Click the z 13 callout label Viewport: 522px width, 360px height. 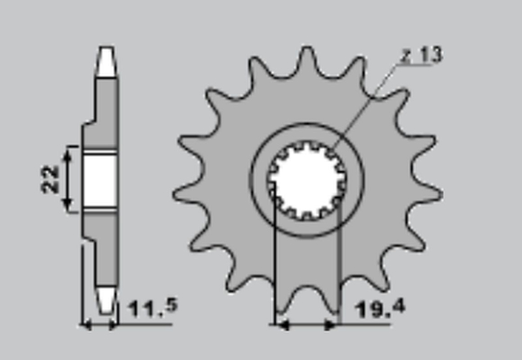[421, 55]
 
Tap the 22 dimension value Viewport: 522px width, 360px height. [50, 179]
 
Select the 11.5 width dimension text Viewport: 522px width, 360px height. [153, 307]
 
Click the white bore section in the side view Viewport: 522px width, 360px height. [100, 180]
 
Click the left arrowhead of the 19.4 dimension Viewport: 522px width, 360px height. [282, 322]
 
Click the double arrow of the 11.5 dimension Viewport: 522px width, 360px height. [99, 323]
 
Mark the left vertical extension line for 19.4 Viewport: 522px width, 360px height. [275, 261]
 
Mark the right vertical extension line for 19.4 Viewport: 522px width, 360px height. [340, 261]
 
